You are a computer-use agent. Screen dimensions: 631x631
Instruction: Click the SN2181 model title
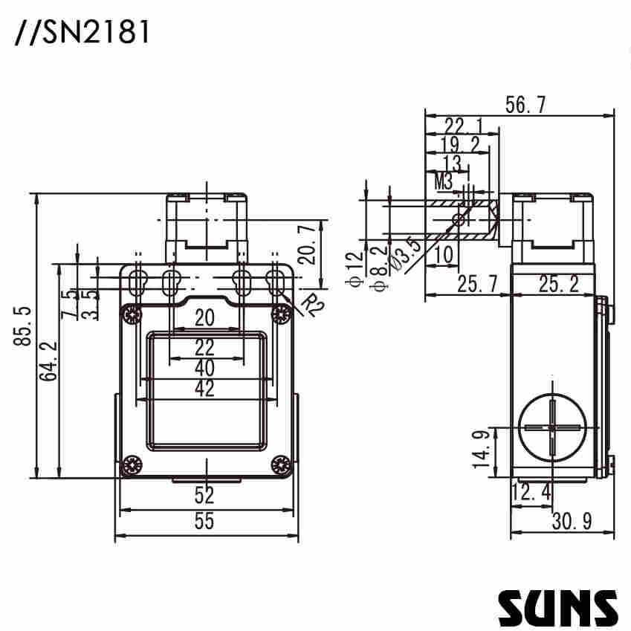(82, 32)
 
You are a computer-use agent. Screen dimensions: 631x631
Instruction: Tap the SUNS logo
(557, 607)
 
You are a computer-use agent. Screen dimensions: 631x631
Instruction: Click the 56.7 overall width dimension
(525, 106)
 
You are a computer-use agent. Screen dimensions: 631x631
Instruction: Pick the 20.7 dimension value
(306, 245)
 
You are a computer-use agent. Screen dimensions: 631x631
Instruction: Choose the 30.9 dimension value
(572, 522)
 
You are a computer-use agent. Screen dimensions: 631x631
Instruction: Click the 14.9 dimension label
(482, 448)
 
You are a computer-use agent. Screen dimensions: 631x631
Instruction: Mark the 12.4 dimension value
(531, 491)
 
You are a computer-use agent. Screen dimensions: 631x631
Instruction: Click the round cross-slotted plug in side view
(552, 428)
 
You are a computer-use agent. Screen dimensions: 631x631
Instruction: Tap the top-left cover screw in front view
(132, 314)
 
